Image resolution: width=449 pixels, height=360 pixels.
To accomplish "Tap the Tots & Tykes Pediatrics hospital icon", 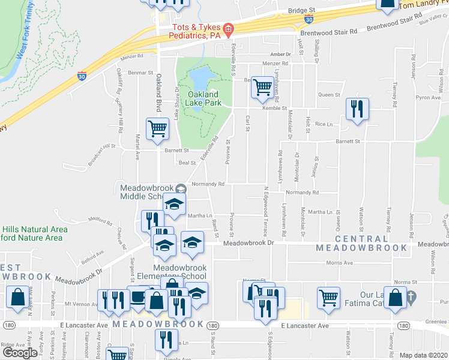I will click(x=228, y=29).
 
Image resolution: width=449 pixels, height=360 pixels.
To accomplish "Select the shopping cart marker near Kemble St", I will click(x=262, y=88).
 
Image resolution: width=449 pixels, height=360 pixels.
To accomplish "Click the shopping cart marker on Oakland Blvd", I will click(x=157, y=128).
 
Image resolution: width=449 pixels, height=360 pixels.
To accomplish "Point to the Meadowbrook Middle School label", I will click(x=141, y=192).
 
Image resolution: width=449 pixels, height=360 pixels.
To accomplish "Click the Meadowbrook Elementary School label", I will click(x=180, y=272).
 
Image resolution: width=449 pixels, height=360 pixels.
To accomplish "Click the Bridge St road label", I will click(x=301, y=11).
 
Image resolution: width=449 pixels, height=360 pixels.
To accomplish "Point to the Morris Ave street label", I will click(x=339, y=263).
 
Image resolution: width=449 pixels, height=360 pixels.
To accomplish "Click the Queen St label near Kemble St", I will click(x=329, y=95).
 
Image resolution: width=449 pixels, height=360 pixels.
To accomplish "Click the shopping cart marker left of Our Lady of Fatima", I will click(x=330, y=297).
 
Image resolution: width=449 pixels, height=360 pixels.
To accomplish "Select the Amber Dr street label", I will click(x=280, y=54).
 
